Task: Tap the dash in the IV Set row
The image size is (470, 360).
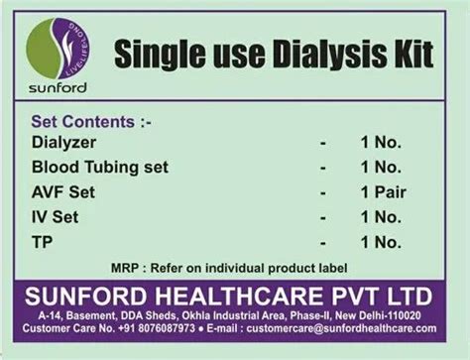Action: (323, 215)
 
